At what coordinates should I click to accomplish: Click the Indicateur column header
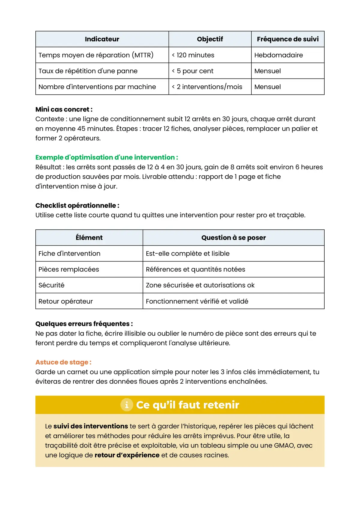coord(102,39)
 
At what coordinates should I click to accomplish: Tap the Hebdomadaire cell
coord(278,55)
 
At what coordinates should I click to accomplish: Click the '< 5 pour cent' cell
coord(193,71)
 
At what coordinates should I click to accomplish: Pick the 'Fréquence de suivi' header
coord(288,39)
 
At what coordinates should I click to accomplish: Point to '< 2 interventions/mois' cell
coord(207,87)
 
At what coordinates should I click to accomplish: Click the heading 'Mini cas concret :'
coord(64,109)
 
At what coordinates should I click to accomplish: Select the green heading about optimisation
coord(106,157)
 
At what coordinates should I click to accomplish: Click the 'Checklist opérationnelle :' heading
coord(77,206)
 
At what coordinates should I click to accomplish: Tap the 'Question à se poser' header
coord(233,238)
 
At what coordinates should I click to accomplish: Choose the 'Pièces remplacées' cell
coord(69,269)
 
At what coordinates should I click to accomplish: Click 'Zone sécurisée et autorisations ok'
coord(200,285)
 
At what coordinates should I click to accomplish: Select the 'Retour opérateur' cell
coord(66,301)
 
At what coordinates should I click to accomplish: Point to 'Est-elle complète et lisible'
coord(187,254)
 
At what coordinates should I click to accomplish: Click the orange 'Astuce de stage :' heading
coord(63,362)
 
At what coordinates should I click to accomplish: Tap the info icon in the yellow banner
coord(127,405)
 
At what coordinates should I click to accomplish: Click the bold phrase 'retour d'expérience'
coord(127,455)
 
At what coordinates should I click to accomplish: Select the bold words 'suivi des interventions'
coord(91,426)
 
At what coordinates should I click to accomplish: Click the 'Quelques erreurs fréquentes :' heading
coord(84,324)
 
